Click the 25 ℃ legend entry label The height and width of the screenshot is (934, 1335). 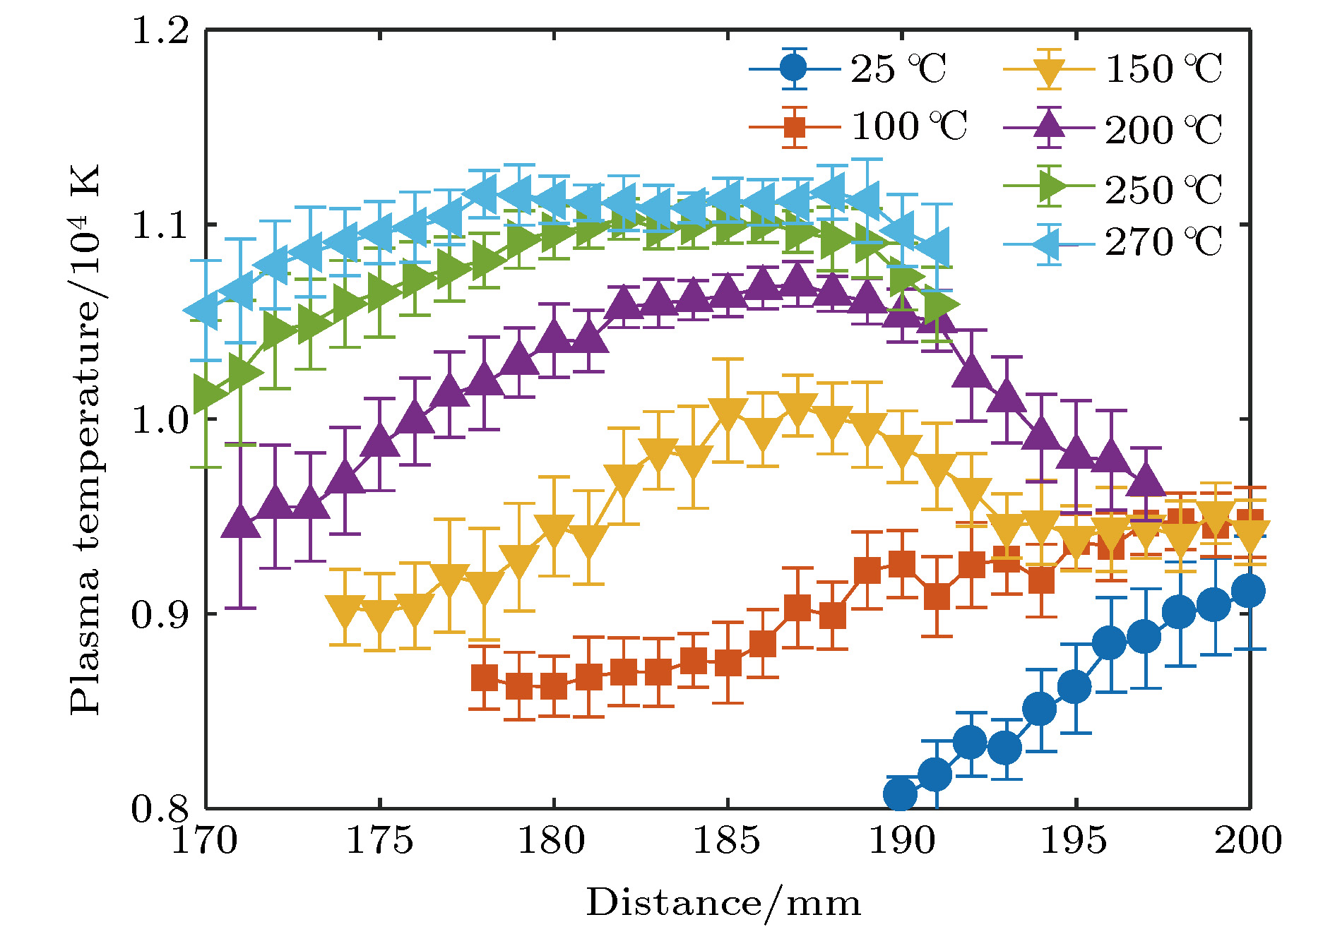pyautogui.click(x=898, y=69)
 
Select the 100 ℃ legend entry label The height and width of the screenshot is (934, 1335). pyautogui.click(x=908, y=127)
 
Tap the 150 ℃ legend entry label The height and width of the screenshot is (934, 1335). pyautogui.click(x=1163, y=69)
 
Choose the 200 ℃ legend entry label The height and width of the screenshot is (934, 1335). pyautogui.click(x=1163, y=130)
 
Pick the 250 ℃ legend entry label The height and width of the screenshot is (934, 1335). pyautogui.click(x=1163, y=189)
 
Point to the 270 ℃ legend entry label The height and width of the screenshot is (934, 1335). pyautogui.click(x=1163, y=242)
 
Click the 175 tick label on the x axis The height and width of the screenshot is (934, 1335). pyautogui.click(x=379, y=840)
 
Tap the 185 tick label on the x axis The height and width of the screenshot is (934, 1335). pyautogui.click(x=727, y=840)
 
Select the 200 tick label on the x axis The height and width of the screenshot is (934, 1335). pyautogui.click(x=1248, y=840)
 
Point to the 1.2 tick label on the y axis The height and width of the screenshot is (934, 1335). pyautogui.click(x=160, y=31)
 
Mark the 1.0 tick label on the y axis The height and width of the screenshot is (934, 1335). pyautogui.click(x=160, y=420)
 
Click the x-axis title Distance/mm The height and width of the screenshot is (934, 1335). pyautogui.click(x=723, y=903)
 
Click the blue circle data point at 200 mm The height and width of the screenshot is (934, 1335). pyautogui.click(x=1248, y=590)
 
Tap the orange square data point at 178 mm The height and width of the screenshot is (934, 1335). pyautogui.click(x=484, y=678)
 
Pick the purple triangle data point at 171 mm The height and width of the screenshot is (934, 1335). pyautogui.click(x=241, y=523)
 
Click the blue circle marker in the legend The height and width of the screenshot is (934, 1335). pyautogui.click(x=795, y=68)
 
